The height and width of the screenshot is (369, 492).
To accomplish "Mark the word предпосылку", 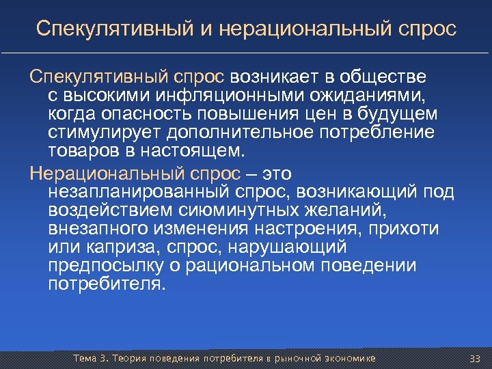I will [x=98, y=266].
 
